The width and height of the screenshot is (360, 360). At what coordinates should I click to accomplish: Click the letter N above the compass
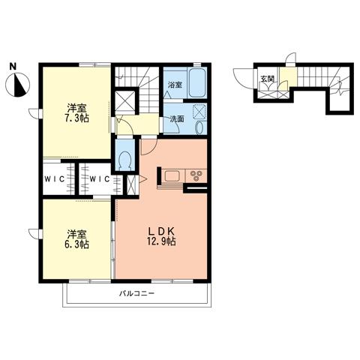click(13, 67)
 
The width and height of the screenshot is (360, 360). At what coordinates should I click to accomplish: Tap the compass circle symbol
click(17, 85)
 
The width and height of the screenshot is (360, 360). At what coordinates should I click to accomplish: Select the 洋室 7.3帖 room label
click(77, 113)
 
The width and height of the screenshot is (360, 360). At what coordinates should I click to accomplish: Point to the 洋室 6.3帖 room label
click(77, 240)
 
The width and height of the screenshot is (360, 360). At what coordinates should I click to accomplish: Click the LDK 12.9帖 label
click(161, 236)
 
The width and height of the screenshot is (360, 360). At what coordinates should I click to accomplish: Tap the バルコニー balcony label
click(136, 293)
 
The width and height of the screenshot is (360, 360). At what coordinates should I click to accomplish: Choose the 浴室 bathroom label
click(175, 85)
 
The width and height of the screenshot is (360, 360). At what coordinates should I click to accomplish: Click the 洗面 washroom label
click(177, 119)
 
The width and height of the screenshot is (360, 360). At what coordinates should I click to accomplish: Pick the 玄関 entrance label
click(267, 79)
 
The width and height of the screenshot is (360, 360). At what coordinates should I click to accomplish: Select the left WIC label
click(55, 179)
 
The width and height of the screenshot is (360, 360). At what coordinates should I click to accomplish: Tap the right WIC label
click(100, 179)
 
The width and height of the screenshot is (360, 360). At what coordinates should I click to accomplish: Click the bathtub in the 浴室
click(197, 83)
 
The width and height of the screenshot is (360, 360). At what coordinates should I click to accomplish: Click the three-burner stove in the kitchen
click(196, 175)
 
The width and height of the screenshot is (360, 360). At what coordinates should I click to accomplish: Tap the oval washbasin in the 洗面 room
click(199, 127)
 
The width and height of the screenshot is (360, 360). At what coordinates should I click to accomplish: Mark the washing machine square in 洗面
click(199, 112)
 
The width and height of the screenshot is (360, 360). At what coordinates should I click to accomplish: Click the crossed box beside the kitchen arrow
click(131, 184)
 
